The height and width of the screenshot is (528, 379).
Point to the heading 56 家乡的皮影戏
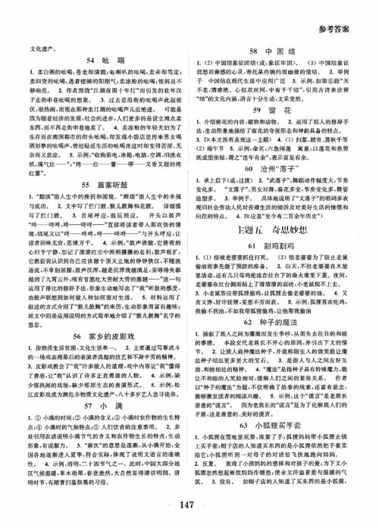(108, 377)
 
